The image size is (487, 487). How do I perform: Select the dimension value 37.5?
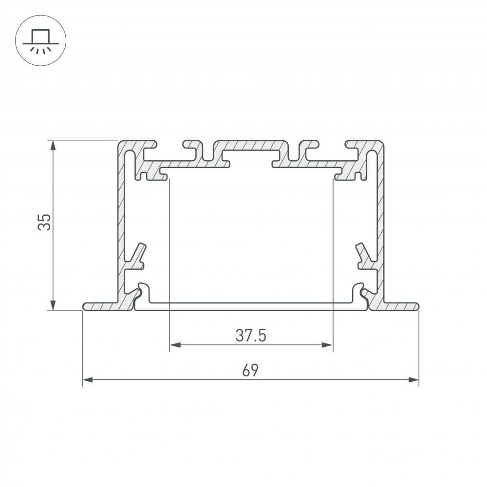(251, 336)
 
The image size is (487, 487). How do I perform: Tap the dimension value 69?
(250, 371)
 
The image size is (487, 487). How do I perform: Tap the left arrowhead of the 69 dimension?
(87, 379)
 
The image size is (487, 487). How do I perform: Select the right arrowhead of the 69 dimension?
(414, 379)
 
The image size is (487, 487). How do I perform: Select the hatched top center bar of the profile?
(250, 146)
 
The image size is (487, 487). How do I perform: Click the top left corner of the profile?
(119, 143)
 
